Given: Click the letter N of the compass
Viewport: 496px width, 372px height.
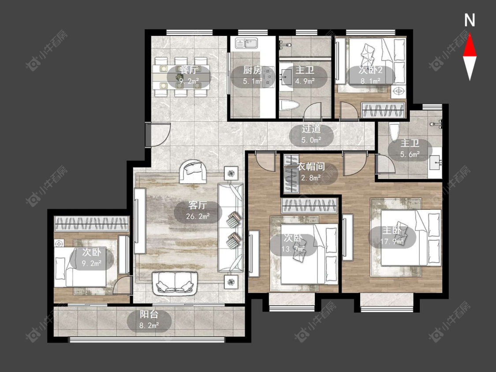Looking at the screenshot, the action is pyautogui.click(x=470, y=20).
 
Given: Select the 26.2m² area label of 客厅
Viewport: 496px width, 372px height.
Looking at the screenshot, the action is pyautogui.click(x=198, y=217).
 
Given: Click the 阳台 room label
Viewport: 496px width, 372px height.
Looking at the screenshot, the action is pyautogui.click(x=149, y=314).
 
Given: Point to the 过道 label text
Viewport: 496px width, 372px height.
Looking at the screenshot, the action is pyautogui.click(x=311, y=129).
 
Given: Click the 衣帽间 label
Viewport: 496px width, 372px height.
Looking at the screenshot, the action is pyautogui.click(x=311, y=167).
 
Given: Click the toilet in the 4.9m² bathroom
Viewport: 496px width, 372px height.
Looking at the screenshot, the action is pyautogui.click(x=289, y=105).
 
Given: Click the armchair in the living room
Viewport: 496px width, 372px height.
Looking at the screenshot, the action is pyautogui.click(x=193, y=172).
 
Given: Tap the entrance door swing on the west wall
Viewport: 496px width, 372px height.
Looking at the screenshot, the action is pyautogui.click(x=159, y=134).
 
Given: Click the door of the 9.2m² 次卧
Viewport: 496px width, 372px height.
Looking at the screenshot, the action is pyautogui.click(x=122, y=285).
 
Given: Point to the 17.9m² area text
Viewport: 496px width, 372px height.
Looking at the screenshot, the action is pyautogui.click(x=392, y=242).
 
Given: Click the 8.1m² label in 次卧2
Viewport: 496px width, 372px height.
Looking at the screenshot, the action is pyautogui.click(x=370, y=81).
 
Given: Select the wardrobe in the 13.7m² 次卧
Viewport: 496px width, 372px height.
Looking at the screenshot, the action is pyautogui.click(x=310, y=206).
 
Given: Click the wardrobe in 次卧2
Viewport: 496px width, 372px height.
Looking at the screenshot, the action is pyautogui.click(x=384, y=111).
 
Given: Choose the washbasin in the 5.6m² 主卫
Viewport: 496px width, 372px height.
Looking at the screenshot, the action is pyautogui.click(x=436, y=163).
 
